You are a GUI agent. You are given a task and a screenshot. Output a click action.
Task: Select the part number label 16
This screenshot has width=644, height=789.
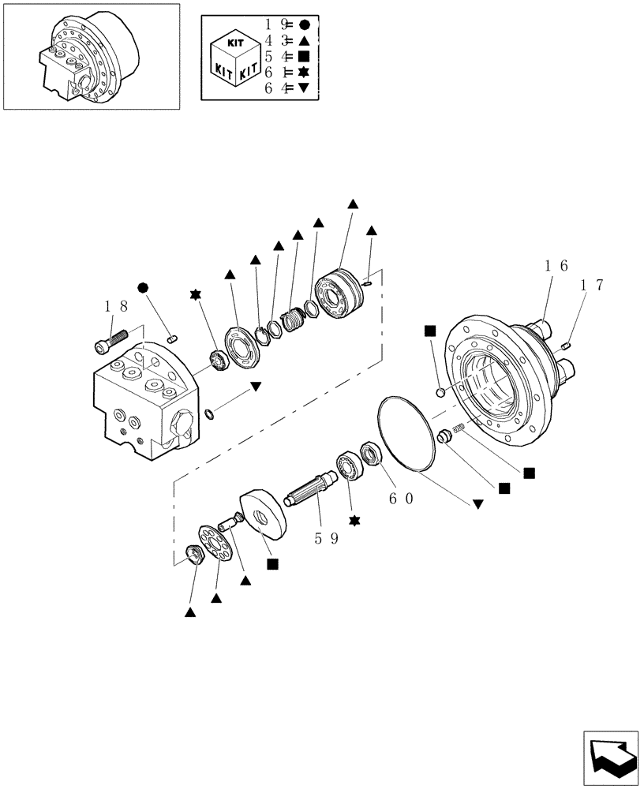click(x=555, y=267)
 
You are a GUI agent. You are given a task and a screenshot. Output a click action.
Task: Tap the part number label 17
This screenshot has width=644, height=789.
click(x=590, y=286)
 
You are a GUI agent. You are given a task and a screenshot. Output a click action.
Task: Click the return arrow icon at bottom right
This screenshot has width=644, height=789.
click(x=612, y=757)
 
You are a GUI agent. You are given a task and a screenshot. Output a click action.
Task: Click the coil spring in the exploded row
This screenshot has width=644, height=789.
click(x=294, y=320)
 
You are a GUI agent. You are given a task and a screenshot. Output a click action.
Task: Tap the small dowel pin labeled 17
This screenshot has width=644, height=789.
click(x=566, y=346)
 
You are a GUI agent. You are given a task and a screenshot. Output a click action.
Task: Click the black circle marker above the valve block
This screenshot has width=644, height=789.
click(x=143, y=286)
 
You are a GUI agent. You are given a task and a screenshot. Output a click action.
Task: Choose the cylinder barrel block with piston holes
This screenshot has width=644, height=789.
click(x=339, y=295)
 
